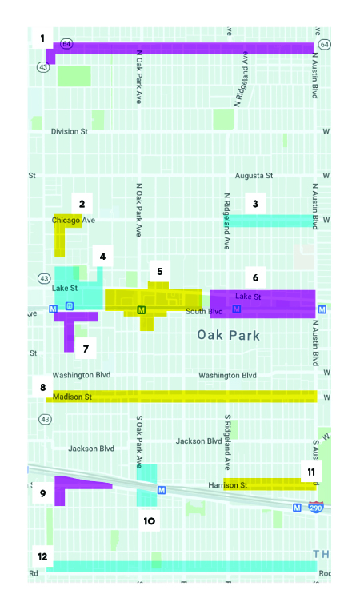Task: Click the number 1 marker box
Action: [x=42, y=38]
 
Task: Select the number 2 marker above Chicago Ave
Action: [x=82, y=204]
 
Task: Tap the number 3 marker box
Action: [x=254, y=204]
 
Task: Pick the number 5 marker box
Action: [x=159, y=272]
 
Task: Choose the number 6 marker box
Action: [x=255, y=277]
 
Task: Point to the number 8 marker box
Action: [x=42, y=388]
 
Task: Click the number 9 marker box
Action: [x=42, y=493]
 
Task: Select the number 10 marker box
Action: [x=149, y=520]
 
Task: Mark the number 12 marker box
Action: [x=42, y=556]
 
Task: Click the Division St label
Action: [x=69, y=131]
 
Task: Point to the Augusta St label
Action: [x=254, y=175]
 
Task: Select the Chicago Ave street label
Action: [x=74, y=220]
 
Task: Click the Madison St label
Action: [x=73, y=397]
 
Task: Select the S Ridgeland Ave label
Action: [x=227, y=442]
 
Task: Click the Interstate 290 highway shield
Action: [x=317, y=507]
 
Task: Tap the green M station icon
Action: [x=142, y=309]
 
